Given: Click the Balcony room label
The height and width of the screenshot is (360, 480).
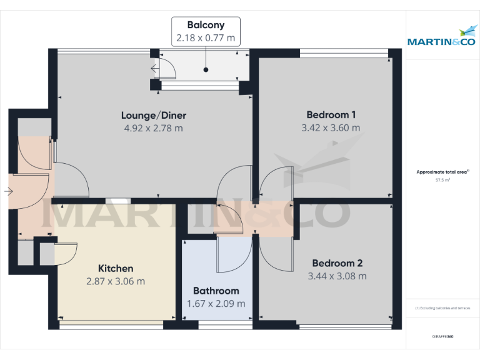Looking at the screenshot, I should point(206,25).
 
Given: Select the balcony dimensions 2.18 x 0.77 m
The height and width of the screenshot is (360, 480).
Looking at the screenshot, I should point(206,38).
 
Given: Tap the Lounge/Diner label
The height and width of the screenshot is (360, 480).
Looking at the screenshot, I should point(153,115).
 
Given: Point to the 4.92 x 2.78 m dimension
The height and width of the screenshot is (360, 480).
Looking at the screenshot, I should point(153,128).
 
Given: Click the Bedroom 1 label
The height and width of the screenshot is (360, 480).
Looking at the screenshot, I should point(331,114).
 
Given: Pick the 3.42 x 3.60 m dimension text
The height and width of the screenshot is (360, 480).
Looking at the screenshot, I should point(331,127).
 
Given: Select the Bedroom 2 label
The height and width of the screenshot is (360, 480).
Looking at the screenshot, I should point(337,263).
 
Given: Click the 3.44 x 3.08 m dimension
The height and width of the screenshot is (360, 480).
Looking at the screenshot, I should point(337,276).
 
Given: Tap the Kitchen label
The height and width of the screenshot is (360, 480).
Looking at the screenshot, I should point(116,268).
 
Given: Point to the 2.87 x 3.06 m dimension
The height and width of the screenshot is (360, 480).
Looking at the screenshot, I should point(116,281).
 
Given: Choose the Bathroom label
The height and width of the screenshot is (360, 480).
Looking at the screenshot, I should point(216,291).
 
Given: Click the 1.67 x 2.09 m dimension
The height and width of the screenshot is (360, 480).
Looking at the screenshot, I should point(216,304).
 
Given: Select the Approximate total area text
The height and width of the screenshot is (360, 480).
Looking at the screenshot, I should point(442,171).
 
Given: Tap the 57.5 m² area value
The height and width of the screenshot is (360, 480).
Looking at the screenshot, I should point(442,179).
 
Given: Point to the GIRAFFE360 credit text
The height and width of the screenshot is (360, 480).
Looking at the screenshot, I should point(442,337).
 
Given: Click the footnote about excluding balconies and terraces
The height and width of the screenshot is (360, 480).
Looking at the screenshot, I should point(442,308).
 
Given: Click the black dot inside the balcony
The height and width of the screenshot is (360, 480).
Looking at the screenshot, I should point(206,70).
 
